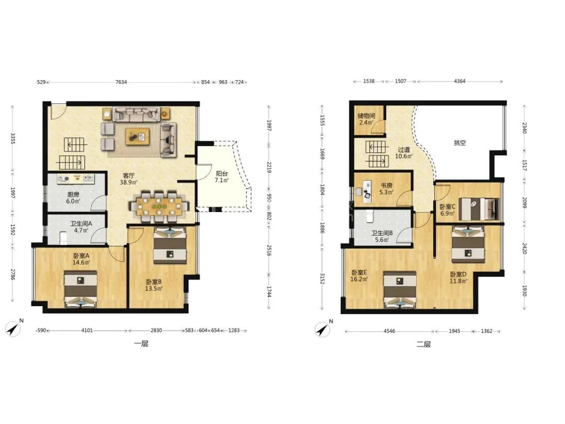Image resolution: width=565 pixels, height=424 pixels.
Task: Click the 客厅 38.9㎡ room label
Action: [x=129, y=179]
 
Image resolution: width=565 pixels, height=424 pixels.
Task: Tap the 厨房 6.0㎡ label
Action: [x=73, y=198]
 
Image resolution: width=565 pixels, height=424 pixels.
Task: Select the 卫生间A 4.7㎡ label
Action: [x=81, y=227]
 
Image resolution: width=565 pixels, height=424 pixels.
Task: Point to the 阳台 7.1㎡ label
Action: [x=222, y=177]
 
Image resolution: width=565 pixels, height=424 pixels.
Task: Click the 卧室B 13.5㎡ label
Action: [x=154, y=285]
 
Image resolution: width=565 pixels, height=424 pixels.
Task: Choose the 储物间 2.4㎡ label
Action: [x=366, y=119]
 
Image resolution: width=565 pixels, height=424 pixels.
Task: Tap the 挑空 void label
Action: [x=460, y=143]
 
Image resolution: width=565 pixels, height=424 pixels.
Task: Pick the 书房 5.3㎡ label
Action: [x=386, y=188]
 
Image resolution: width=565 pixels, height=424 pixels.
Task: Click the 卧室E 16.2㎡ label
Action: [x=359, y=276]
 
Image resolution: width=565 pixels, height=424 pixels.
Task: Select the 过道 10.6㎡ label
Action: [x=404, y=153]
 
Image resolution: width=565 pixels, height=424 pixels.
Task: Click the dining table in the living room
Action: [x=159, y=207]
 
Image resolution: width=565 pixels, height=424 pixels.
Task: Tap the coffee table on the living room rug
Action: [x=137, y=136]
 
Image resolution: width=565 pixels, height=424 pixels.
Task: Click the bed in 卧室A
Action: [x=81, y=289]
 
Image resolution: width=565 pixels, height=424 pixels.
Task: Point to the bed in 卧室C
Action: [x=479, y=209]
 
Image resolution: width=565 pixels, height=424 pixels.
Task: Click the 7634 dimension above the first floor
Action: [x=121, y=82]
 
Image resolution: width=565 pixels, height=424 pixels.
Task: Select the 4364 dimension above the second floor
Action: [x=459, y=81]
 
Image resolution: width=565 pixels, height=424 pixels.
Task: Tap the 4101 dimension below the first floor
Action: [x=87, y=330]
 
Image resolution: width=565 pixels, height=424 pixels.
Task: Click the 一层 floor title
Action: [x=141, y=343]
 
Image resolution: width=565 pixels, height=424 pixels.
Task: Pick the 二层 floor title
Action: [x=424, y=344]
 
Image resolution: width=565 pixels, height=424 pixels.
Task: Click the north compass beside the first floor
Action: [x=14, y=328]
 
